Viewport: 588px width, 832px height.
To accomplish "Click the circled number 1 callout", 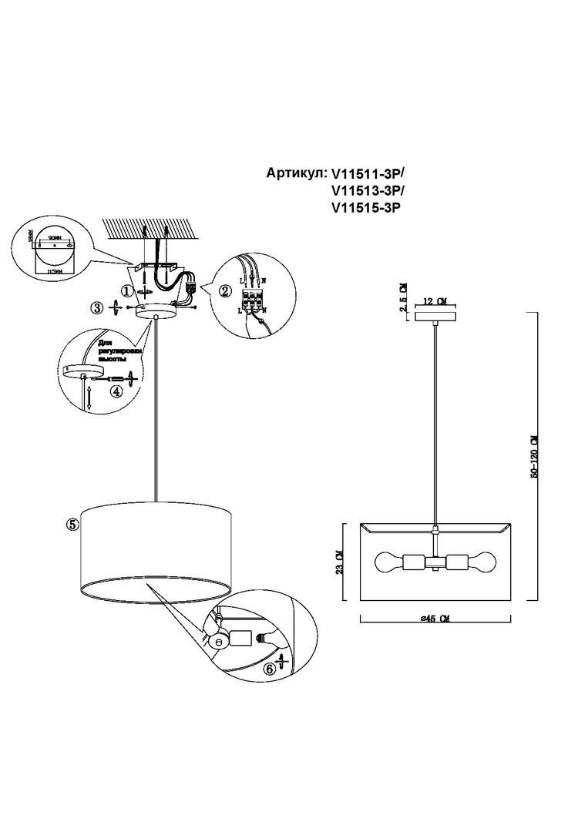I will click(x=126, y=290).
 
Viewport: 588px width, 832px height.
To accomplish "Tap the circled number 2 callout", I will click(x=225, y=291).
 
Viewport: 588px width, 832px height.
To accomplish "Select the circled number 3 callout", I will click(x=97, y=307).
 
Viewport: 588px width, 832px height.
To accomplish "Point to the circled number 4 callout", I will click(x=116, y=391).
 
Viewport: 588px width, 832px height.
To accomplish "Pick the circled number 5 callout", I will click(x=72, y=525).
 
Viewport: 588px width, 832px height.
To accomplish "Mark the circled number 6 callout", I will click(x=270, y=669).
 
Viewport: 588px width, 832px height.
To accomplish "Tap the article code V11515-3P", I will click(x=367, y=207).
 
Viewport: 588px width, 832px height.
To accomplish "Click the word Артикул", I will click(x=296, y=173).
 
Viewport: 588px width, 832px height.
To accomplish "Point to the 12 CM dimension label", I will click(x=436, y=301).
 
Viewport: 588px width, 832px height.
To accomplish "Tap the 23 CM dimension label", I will click(x=340, y=562).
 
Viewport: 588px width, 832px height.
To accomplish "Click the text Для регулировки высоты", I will click(x=116, y=352).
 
